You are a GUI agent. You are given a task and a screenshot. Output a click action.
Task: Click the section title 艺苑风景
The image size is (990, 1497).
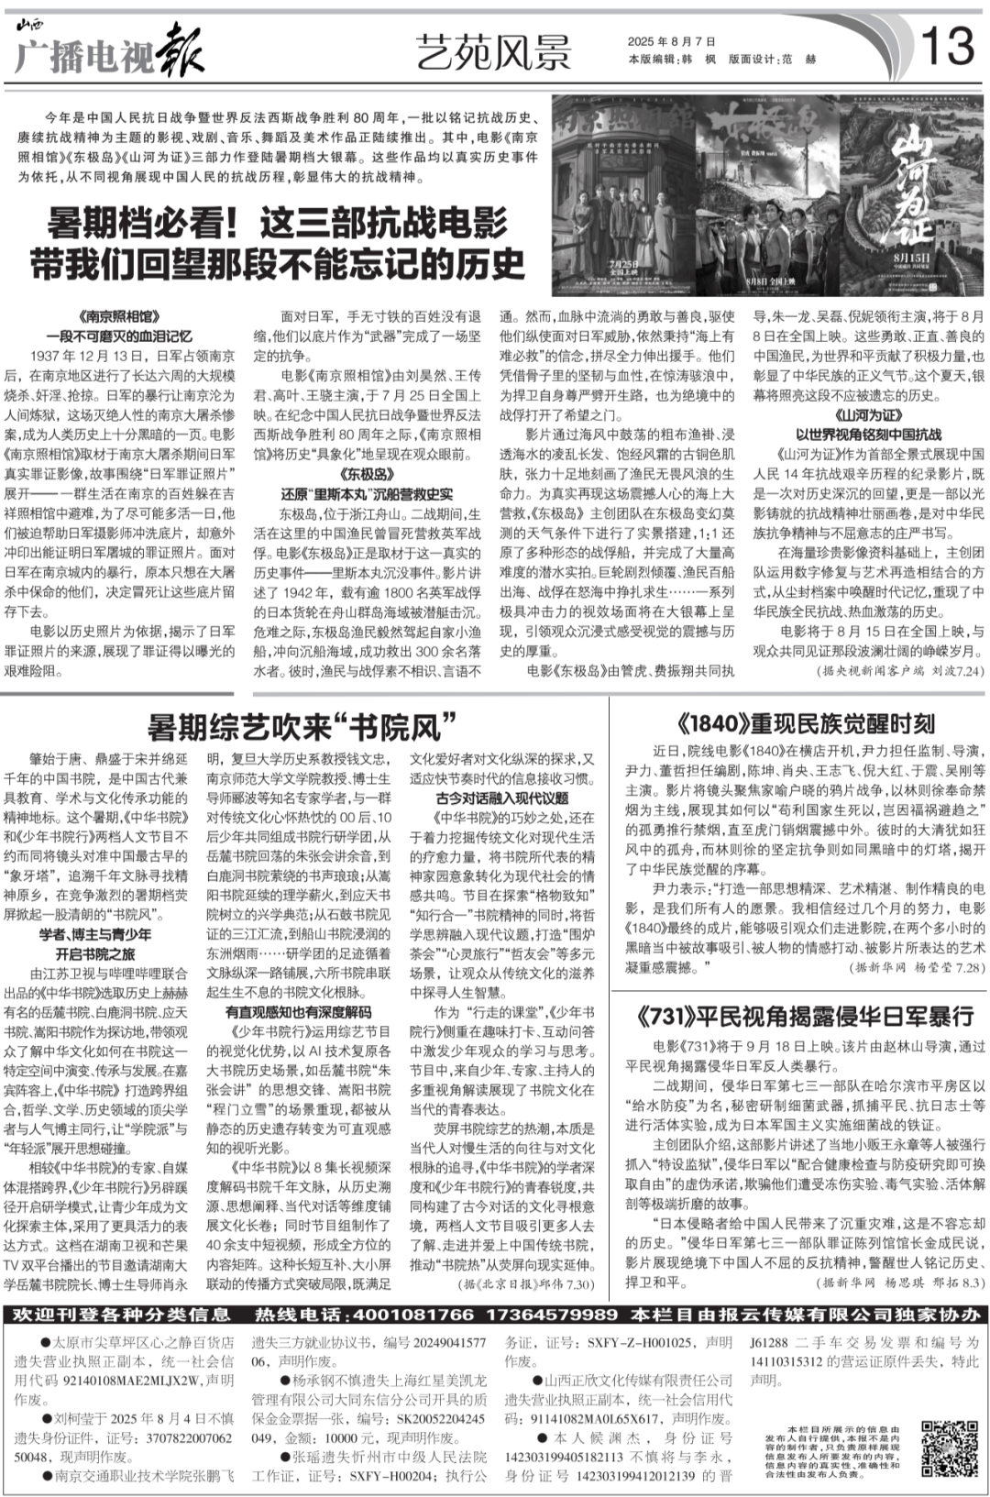pos(493,51)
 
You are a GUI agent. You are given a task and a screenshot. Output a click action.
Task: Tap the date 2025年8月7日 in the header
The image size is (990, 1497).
pos(671,41)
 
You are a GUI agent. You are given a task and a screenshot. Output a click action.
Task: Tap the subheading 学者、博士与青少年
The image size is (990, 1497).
pos(95,933)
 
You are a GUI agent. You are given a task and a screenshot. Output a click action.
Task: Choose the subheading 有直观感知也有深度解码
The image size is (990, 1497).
pos(299,1012)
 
